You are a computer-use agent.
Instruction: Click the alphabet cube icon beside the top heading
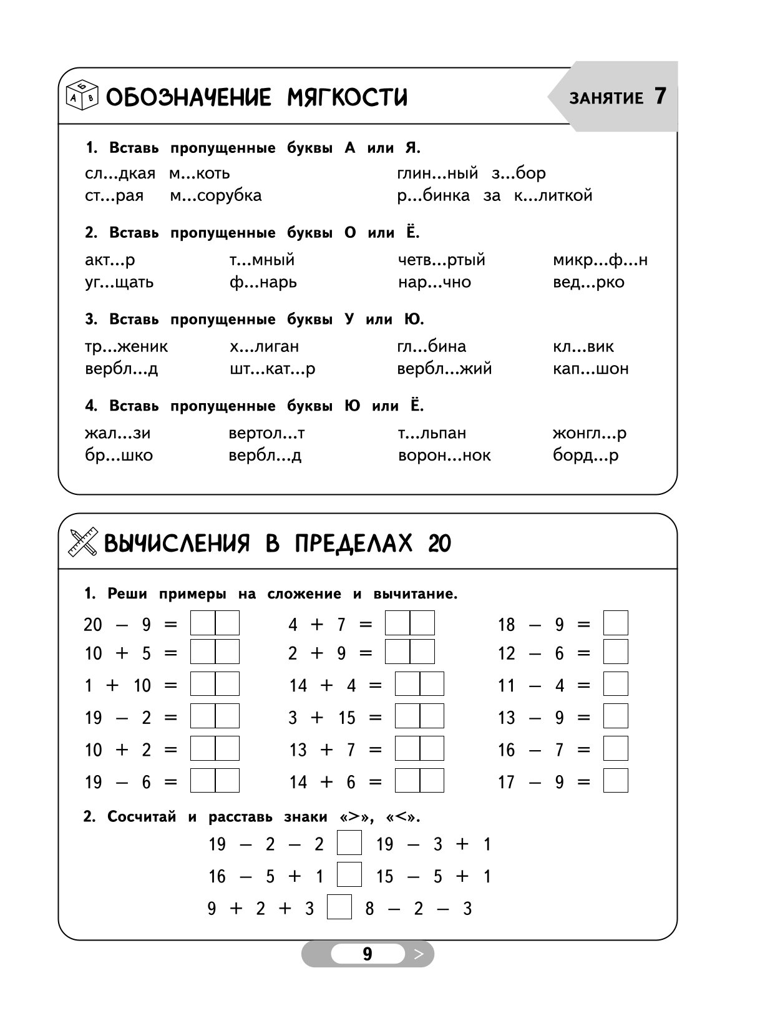pos(82,95)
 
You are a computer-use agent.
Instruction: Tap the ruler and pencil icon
pos(82,542)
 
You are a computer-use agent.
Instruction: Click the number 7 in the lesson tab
pos(660,97)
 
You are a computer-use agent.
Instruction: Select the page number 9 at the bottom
pos(367,954)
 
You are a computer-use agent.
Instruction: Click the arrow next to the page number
pos(419,954)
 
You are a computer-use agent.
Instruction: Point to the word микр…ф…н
pos(600,260)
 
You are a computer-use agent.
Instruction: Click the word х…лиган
pos(264,346)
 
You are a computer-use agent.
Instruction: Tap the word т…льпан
pos(432,433)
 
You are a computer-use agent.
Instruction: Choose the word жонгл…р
pos(589,433)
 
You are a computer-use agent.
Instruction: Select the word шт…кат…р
pos(272,369)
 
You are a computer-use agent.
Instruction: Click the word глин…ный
pos(437,173)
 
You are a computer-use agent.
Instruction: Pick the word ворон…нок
pos(444,456)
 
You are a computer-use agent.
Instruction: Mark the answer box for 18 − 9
pos(615,623)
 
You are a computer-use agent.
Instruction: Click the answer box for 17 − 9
pos(615,781)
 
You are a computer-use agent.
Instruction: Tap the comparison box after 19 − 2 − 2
pos(349,843)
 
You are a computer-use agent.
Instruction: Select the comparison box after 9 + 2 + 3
pos(339,907)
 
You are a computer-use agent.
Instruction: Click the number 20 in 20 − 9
pos(92,624)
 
